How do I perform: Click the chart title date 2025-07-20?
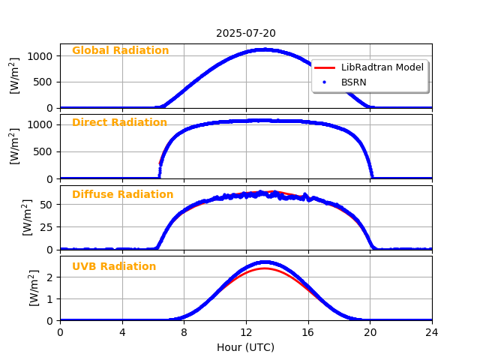(246, 33)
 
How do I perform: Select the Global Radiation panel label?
(120, 51)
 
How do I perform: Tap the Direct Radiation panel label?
(119, 123)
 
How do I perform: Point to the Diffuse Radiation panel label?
(122, 195)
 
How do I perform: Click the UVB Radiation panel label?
(114, 267)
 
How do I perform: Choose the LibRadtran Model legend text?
(382, 67)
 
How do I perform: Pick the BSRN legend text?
(354, 81)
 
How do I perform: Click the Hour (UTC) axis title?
(246, 347)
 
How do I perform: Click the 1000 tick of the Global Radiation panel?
(40, 56)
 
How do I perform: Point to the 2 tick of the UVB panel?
(50, 277)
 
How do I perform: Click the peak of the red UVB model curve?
(264, 268)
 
